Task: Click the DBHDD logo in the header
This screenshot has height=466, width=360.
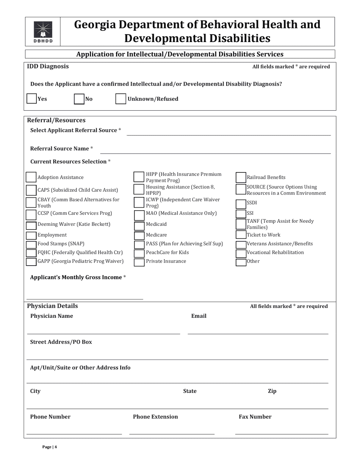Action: [x=43, y=32]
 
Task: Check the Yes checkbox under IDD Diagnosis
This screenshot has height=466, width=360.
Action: [x=31, y=99]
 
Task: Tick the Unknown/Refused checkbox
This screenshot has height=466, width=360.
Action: [x=121, y=99]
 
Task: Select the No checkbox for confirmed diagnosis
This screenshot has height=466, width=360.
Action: [x=79, y=99]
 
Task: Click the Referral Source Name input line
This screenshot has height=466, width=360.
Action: [x=215, y=150]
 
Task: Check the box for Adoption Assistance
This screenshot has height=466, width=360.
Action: [x=31, y=177]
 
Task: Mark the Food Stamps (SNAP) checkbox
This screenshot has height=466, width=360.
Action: [x=31, y=244]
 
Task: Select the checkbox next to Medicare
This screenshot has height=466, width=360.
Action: [x=139, y=235]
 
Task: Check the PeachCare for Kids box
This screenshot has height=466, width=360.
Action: [x=139, y=253]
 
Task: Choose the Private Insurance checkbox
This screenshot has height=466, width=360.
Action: [x=139, y=262]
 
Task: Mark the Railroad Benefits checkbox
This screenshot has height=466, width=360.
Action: [x=241, y=177]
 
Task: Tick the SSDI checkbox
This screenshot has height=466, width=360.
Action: [x=241, y=204]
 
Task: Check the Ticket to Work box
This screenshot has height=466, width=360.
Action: [x=241, y=235]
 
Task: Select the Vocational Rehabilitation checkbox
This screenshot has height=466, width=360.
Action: [x=241, y=253]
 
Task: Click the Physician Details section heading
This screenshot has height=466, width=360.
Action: [x=52, y=306]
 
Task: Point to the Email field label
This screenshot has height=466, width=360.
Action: [x=199, y=316]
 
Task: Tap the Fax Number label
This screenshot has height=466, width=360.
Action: [x=255, y=417]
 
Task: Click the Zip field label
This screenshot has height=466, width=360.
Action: [x=272, y=391]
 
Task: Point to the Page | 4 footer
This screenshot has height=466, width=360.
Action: [x=50, y=447]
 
